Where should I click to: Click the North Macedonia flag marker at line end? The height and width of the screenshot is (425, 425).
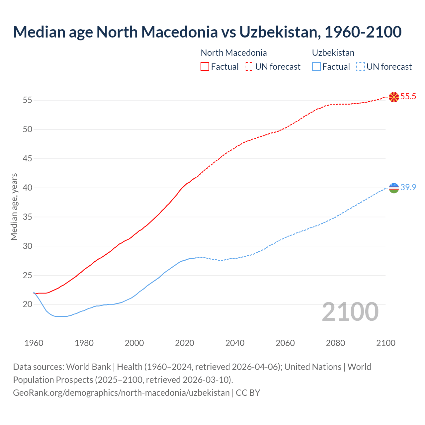click(x=394, y=97)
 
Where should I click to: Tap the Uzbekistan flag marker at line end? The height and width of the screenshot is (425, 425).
click(x=394, y=188)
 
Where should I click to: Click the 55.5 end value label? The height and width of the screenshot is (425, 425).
click(x=408, y=97)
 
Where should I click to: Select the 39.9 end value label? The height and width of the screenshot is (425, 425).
click(x=408, y=188)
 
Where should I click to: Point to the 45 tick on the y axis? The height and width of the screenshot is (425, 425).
click(x=28, y=159)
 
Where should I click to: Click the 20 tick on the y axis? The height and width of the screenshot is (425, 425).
click(x=28, y=304)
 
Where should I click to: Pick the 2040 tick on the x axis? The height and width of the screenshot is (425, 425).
click(x=235, y=343)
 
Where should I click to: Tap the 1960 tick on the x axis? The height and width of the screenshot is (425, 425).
click(x=34, y=343)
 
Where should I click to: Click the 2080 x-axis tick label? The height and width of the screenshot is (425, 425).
click(x=335, y=343)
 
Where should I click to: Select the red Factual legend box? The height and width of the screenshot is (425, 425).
click(x=205, y=67)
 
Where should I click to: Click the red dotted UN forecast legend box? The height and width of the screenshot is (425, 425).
click(x=249, y=67)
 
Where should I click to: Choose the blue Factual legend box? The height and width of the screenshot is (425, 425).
click(x=316, y=67)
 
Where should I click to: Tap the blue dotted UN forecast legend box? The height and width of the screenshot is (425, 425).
click(x=361, y=67)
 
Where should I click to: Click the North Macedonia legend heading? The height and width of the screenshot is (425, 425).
click(x=234, y=53)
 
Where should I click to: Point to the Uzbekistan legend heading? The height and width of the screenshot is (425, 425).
click(x=333, y=53)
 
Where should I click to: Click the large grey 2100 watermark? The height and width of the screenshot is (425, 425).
click(x=350, y=312)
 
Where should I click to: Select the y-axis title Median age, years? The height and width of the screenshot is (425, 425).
click(x=14, y=207)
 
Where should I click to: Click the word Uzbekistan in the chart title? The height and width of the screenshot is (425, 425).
click(x=280, y=32)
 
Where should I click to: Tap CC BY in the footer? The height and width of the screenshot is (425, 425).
click(x=248, y=393)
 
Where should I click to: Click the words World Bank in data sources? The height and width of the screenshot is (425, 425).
click(x=88, y=367)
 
